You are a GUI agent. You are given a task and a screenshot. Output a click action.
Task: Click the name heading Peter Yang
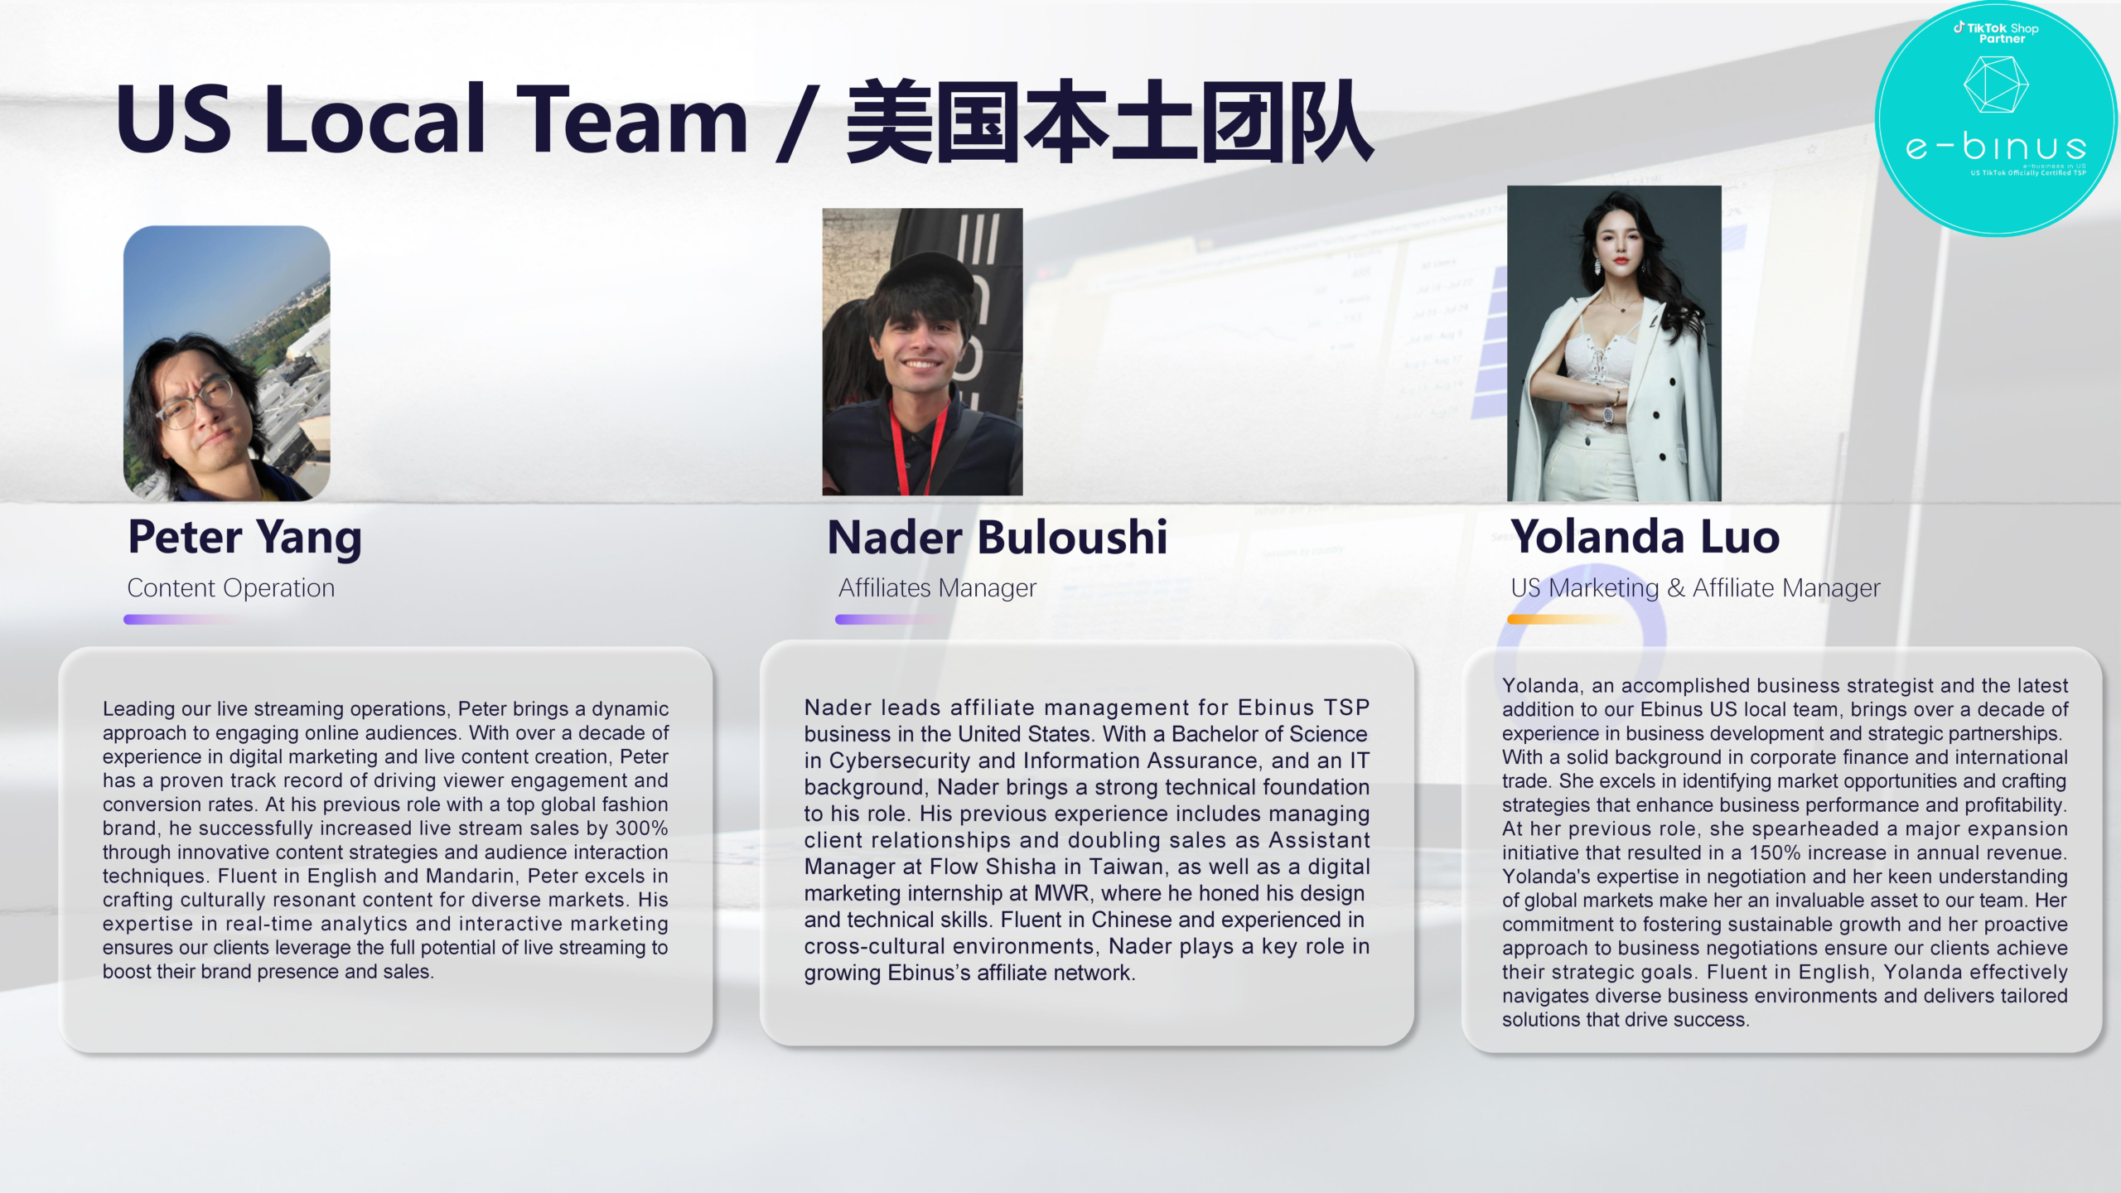pyautogui.click(x=244, y=539)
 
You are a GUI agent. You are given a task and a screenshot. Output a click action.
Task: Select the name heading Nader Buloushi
pyautogui.click(x=998, y=537)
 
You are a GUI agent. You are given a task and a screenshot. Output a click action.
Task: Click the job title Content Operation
pyautogui.click(x=231, y=588)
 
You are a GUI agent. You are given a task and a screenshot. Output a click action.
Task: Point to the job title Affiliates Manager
pyautogui.click(x=937, y=588)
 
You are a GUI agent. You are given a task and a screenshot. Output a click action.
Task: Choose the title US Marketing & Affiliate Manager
pyautogui.click(x=1695, y=588)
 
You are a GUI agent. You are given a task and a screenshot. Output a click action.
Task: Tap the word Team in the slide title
pyautogui.click(x=637, y=119)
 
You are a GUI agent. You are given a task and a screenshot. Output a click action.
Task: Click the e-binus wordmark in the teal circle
pyautogui.click(x=1996, y=147)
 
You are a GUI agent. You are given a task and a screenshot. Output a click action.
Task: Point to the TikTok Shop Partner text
pyautogui.click(x=1997, y=32)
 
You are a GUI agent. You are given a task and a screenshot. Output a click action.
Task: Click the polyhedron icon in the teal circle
pyautogui.click(x=1996, y=85)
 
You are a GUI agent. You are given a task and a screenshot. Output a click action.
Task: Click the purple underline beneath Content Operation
pyautogui.click(x=180, y=619)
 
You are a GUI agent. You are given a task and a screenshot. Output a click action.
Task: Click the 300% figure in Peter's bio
pyautogui.click(x=641, y=828)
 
